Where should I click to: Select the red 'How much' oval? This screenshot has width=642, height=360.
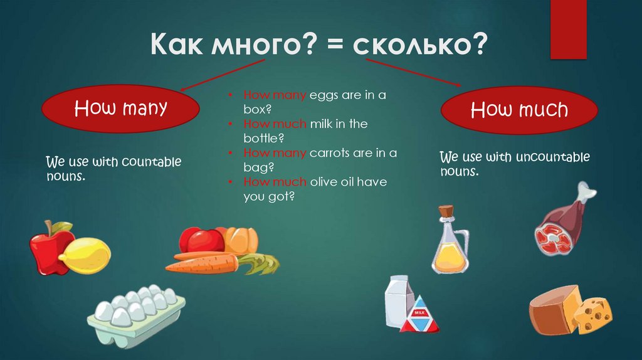coord(519,111)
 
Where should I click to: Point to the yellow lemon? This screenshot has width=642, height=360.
coord(87,255)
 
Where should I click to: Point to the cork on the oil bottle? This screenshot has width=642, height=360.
coord(446,212)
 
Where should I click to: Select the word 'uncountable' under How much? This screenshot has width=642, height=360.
coord(552,157)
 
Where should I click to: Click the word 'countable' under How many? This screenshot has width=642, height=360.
coord(151,162)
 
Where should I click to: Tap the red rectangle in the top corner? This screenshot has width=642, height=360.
coord(567,28)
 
